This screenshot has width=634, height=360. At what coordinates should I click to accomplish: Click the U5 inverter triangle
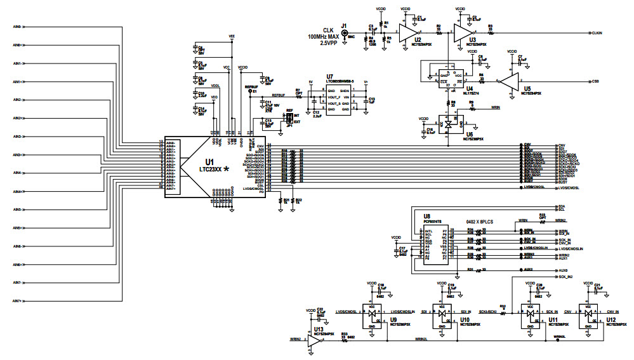tap(508, 81)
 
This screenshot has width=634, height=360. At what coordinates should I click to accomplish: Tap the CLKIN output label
tap(597, 32)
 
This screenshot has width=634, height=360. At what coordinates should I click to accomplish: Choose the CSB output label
tap(595, 81)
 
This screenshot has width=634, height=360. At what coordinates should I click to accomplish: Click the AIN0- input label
tap(18, 27)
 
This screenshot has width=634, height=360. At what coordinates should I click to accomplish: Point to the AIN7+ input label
tap(18, 301)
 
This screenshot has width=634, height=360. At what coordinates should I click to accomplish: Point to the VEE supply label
tap(231, 36)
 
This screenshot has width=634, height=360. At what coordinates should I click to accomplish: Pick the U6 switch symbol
tap(449, 124)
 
